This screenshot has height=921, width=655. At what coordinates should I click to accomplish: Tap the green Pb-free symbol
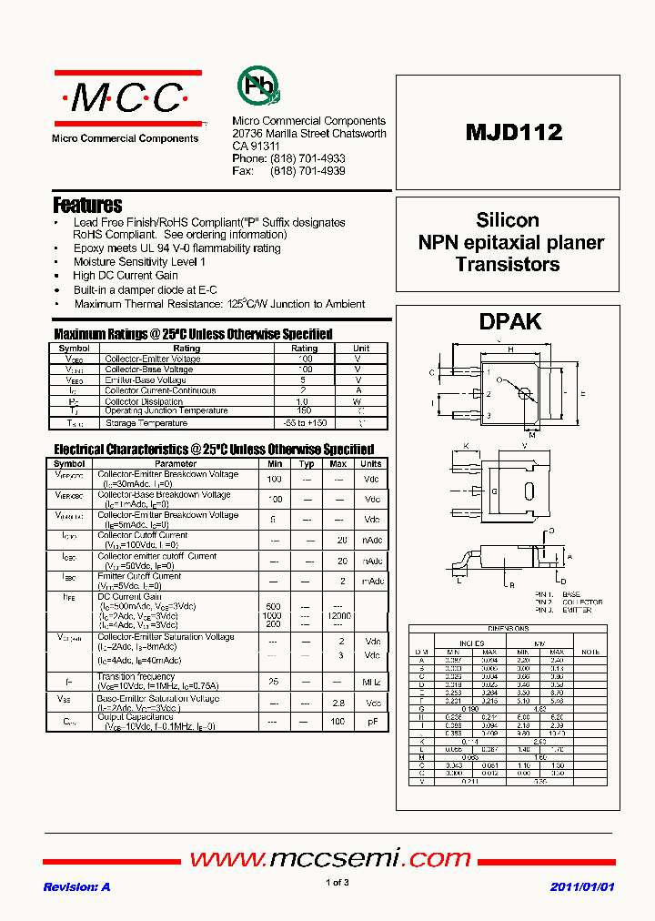tap(258, 86)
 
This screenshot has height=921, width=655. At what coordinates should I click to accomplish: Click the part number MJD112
tap(514, 132)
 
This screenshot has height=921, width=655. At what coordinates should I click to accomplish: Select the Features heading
tap(87, 206)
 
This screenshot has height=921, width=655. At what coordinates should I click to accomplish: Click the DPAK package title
tap(509, 321)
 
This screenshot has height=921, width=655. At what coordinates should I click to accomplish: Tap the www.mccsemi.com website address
tap(330, 858)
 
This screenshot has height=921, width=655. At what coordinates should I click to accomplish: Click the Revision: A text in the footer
tap(76, 886)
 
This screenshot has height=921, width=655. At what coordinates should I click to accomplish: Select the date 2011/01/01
tap(582, 886)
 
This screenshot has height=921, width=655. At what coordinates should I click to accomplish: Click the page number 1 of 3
tap(337, 883)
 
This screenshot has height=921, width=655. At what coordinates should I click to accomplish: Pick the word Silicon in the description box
tap(508, 220)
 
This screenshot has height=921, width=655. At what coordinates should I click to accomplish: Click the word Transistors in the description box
tap(508, 265)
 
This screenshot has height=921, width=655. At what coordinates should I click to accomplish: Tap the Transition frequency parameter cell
tap(136, 676)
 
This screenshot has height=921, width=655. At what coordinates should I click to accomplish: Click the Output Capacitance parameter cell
tap(136, 717)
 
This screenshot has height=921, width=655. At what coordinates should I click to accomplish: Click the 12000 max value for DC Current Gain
tap(338, 616)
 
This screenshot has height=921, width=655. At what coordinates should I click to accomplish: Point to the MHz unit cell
tap(371, 682)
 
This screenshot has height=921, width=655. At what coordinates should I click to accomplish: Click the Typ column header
tap(307, 463)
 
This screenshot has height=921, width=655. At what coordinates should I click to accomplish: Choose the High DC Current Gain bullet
tap(126, 275)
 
